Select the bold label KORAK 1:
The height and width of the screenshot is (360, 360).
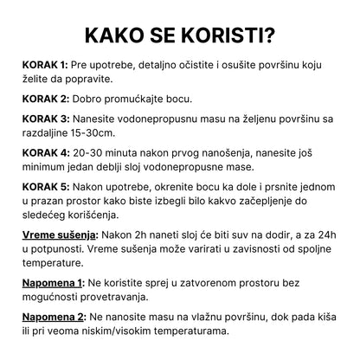[44, 65]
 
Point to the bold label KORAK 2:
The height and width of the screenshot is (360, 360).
[44, 100]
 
